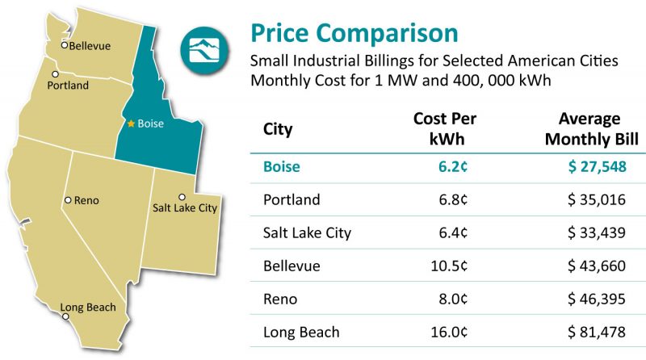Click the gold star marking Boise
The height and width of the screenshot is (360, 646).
pos(132,124)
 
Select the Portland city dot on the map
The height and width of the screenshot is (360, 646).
pos(55,74)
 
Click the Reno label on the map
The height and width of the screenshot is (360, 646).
pos(86,200)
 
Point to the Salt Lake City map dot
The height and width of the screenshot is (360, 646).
pos(182,197)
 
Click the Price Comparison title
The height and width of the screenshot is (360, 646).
pos(354,33)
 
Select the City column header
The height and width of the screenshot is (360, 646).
pos(278,129)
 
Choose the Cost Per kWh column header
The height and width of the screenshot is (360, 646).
pos(444,129)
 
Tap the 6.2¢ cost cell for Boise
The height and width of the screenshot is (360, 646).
pos(460,167)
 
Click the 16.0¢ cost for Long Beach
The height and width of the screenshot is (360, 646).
pos(457,332)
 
